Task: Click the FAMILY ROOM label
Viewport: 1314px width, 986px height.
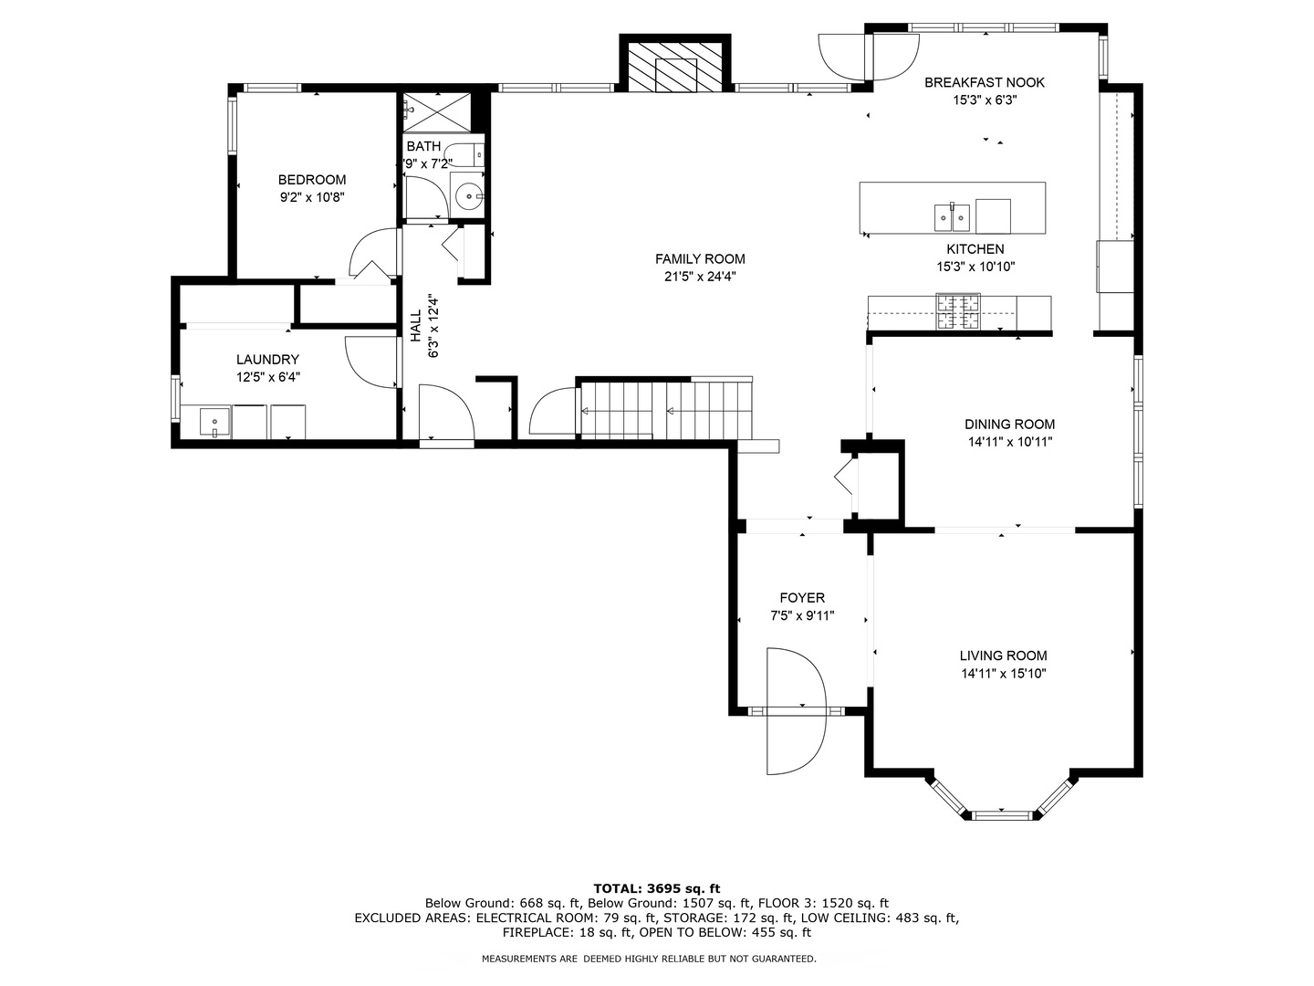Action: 700,258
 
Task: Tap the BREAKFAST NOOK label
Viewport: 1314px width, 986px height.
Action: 984,82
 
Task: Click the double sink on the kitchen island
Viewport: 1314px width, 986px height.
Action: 952,217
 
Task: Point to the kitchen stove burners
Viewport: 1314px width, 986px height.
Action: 957,311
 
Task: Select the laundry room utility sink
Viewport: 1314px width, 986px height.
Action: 215,423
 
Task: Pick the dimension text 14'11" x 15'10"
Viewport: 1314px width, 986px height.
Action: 1003,674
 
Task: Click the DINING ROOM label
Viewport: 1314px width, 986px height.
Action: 1009,424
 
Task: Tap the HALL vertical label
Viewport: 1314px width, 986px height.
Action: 416,326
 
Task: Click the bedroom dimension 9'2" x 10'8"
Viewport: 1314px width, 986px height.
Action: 312,196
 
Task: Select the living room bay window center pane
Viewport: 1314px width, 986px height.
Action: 1002,813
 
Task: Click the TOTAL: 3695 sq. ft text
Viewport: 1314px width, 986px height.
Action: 656,887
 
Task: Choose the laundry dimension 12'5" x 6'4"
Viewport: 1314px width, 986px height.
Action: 267,376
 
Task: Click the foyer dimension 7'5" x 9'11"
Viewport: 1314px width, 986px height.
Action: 802,616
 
